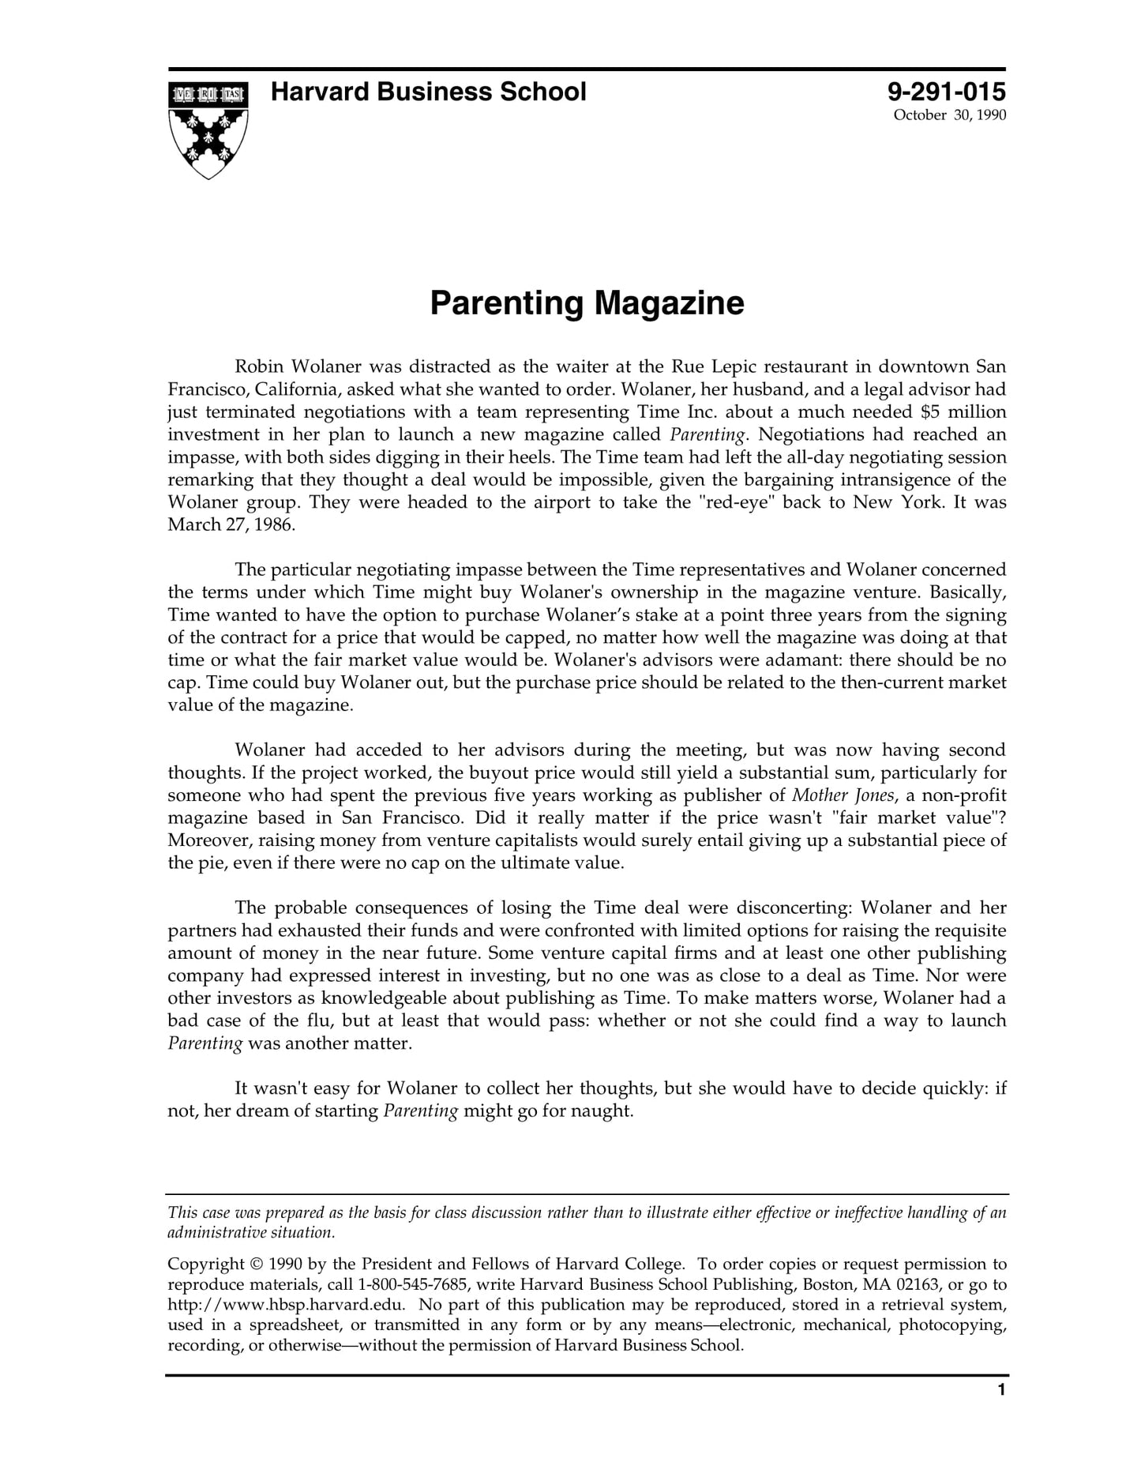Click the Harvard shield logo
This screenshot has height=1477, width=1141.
point(208,130)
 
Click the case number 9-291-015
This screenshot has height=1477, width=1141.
point(947,92)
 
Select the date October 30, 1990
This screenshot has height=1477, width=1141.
point(949,115)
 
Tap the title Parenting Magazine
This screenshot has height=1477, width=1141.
point(587,303)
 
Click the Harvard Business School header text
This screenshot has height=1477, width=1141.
point(428,92)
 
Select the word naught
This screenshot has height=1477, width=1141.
point(607,1111)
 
